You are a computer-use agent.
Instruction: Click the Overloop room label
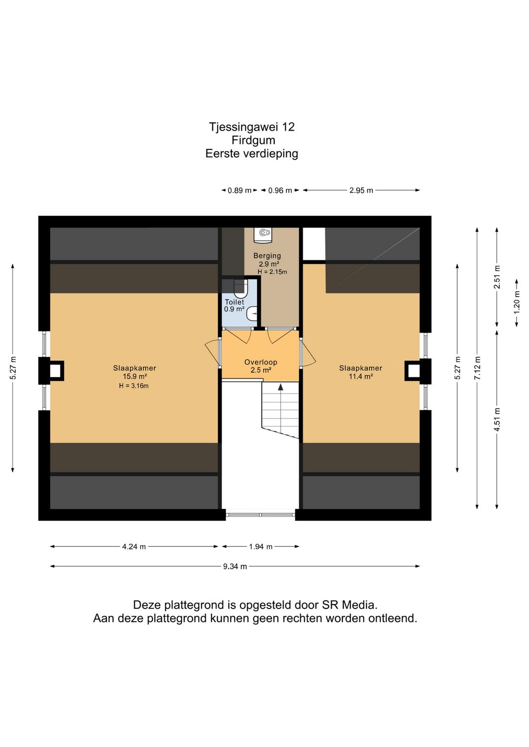pyautogui.click(x=261, y=362)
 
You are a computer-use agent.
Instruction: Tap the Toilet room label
pyautogui.click(x=234, y=302)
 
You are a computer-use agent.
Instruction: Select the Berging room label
pyautogui.click(x=267, y=256)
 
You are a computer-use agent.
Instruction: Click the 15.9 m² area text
pyautogui.click(x=135, y=376)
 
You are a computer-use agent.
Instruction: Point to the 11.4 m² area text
pyautogui.click(x=361, y=376)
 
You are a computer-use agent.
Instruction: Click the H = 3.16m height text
pyautogui.click(x=134, y=386)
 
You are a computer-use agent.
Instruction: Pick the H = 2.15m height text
pyautogui.click(x=272, y=272)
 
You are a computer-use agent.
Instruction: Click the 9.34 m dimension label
pyautogui.click(x=235, y=566)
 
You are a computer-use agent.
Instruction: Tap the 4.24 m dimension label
pyautogui.click(x=134, y=547)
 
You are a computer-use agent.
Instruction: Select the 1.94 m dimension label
pyautogui.click(x=261, y=547)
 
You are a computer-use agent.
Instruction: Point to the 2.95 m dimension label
pyautogui.click(x=361, y=190)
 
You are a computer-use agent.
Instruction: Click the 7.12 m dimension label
pyautogui.click(x=478, y=368)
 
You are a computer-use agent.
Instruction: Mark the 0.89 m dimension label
pyautogui.click(x=240, y=190)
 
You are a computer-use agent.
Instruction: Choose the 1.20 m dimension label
pyautogui.click(x=517, y=303)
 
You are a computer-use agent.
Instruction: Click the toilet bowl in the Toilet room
pyautogui.click(x=240, y=288)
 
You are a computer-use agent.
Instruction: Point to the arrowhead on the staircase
pyautogui.click(x=281, y=387)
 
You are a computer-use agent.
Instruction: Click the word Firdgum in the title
pyautogui.click(x=254, y=140)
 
